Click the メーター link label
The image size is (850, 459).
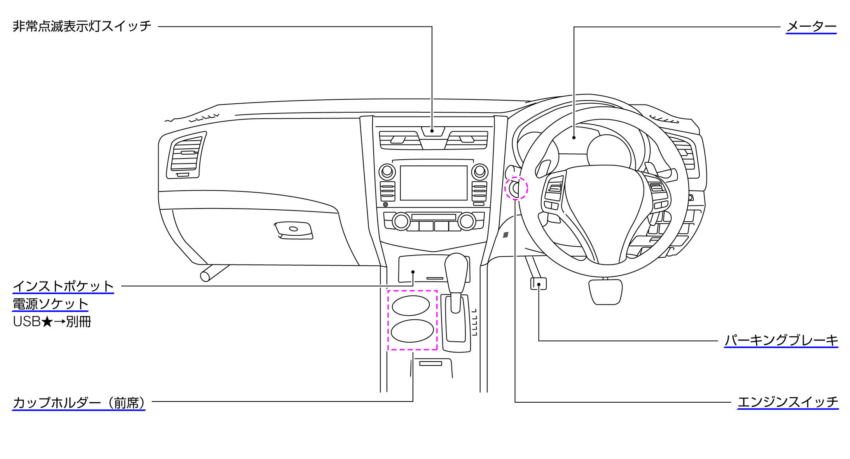point(811,26)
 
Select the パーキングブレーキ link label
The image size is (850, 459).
point(781,340)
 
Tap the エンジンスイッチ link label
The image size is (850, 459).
point(788,402)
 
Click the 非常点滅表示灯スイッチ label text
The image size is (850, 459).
point(82,26)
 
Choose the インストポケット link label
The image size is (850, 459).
point(63,286)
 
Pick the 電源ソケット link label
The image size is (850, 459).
point(50,304)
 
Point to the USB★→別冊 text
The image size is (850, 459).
point(52,322)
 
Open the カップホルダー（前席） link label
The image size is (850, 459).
point(79,403)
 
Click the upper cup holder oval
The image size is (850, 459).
point(411,306)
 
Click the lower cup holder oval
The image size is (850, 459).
point(412,331)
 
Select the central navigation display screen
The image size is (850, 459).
point(434,183)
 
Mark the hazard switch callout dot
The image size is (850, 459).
point(432,131)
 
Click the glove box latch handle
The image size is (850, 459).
point(294,229)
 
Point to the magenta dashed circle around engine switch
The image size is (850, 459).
point(516,188)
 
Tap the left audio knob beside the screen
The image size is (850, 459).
point(387,171)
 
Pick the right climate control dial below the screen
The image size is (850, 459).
point(467,221)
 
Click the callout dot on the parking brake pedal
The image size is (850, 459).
point(539,285)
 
